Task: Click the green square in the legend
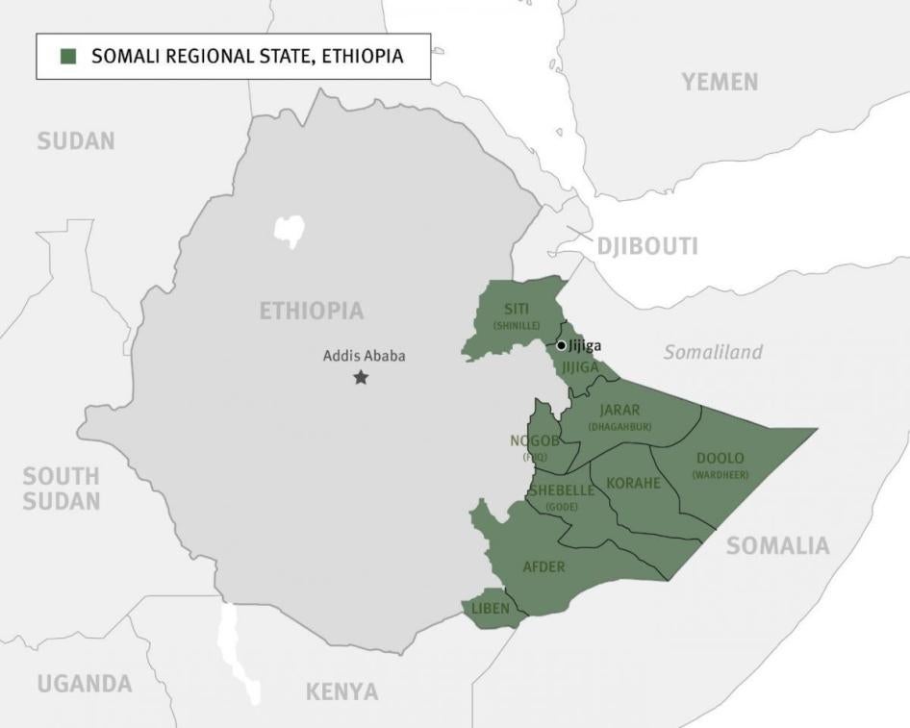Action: [67, 57]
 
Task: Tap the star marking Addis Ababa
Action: [361, 378]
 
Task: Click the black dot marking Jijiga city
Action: [562, 345]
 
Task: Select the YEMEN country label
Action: [720, 83]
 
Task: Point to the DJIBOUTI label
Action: [647, 246]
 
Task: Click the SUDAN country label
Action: [76, 141]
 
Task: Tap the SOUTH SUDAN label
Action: [62, 489]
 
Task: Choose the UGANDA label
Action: [85, 684]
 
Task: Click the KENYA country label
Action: [341, 691]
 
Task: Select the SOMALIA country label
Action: [777, 546]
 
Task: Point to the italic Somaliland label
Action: [713, 353]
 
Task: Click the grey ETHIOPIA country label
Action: [312, 311]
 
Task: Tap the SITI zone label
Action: [517, 310]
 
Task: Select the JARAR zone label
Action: [619, 411]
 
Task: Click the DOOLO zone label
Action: [720, 459]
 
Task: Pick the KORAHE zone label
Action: [633, 483]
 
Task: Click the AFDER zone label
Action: [543, 566]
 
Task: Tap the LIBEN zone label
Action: [491, 608]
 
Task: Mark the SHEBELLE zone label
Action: [562, 490]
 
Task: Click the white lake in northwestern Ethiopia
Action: [289, 229]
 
